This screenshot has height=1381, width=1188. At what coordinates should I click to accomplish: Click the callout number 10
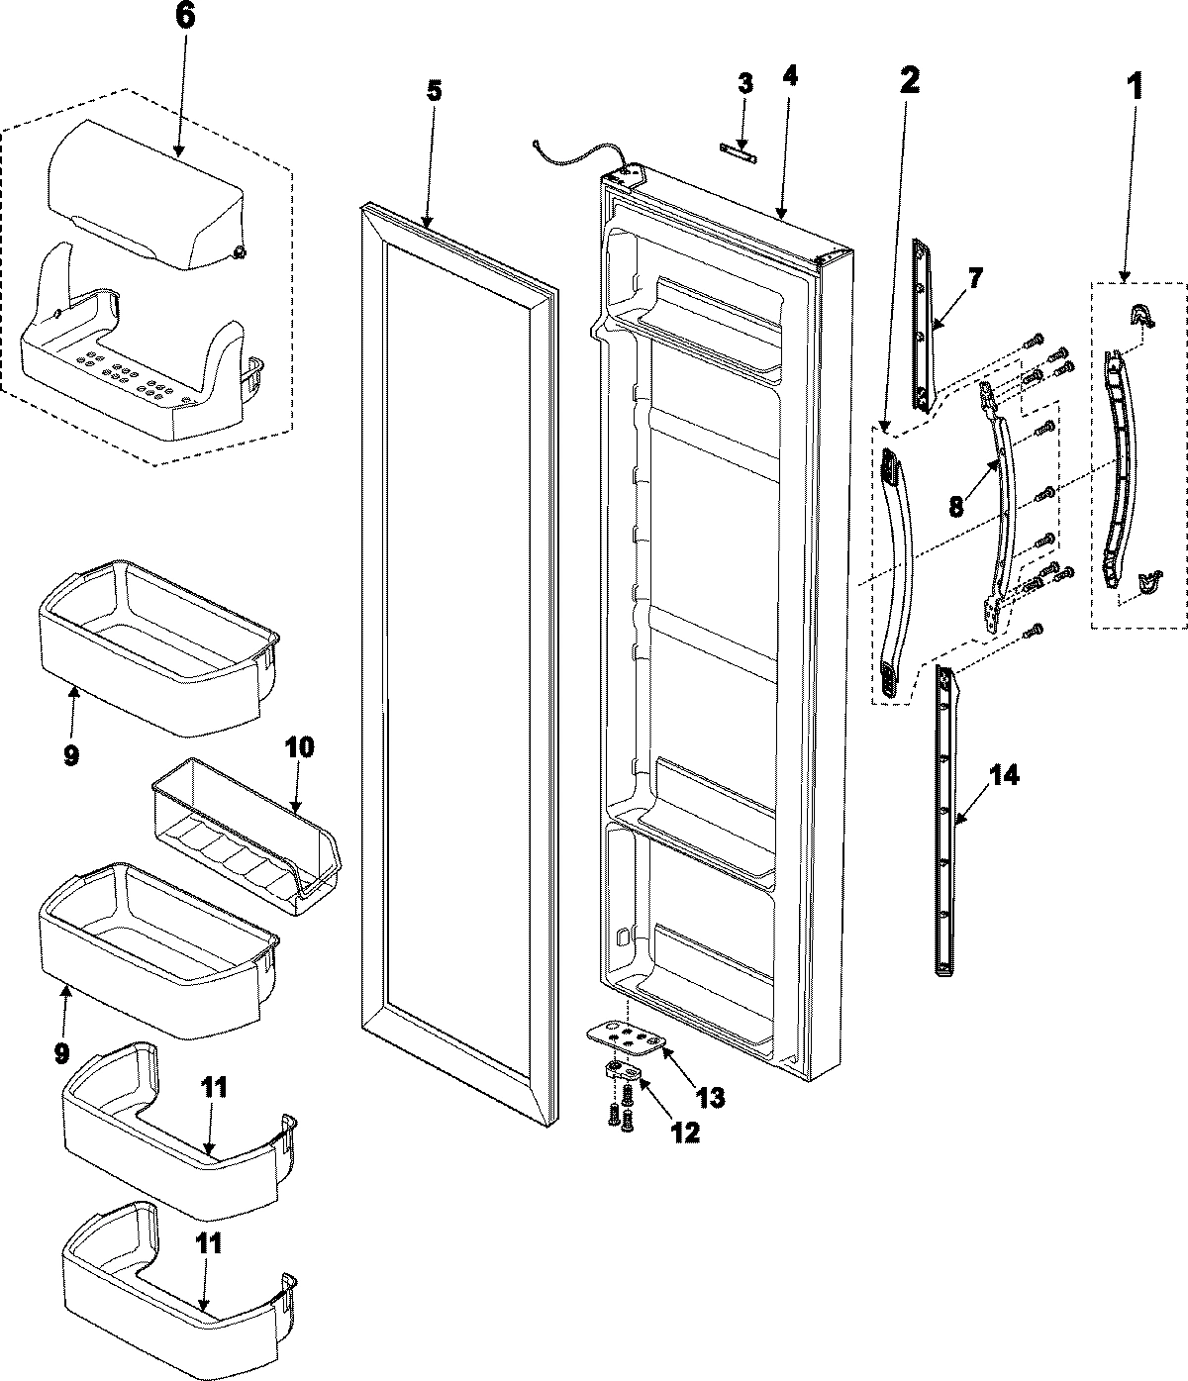tap(300, 746)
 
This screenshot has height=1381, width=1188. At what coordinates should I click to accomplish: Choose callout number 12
tap(684, 1131)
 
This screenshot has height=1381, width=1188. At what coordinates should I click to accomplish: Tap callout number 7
tap(975, 278)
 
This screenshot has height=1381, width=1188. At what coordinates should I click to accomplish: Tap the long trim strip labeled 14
tap(947, 822)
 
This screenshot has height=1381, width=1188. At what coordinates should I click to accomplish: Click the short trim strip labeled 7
tap(923, 327)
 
